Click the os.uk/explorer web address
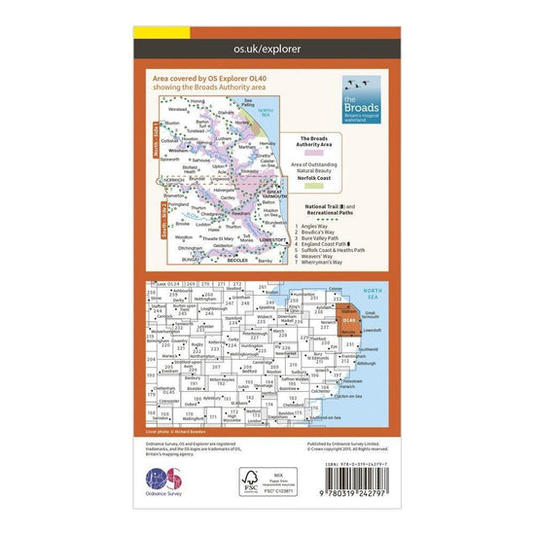point(267,47)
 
